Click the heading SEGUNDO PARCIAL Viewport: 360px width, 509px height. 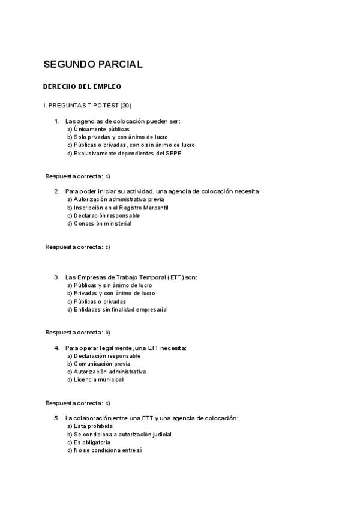pos(92,64)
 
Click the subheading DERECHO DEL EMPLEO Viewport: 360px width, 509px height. pos(82,86)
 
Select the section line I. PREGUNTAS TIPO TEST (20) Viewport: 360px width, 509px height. pos(87,106)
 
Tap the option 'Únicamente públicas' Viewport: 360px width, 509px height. pos(98,129)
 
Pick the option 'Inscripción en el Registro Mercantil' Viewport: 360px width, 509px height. pos(118,208)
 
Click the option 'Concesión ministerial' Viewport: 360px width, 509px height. pos(99,224)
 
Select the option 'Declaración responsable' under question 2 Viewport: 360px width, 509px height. pos(103,215)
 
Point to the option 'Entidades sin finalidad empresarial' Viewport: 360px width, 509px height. pos(117,310)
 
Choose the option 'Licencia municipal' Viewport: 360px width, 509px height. pos(95,379)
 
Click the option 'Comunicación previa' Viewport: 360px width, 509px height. pos(98,364)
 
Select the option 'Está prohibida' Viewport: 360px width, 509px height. pos(90,426)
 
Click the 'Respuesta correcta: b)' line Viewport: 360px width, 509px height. pos(78,332)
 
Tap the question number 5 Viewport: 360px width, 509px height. pos(56,418)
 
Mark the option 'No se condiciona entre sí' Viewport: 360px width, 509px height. pos(104,450)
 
